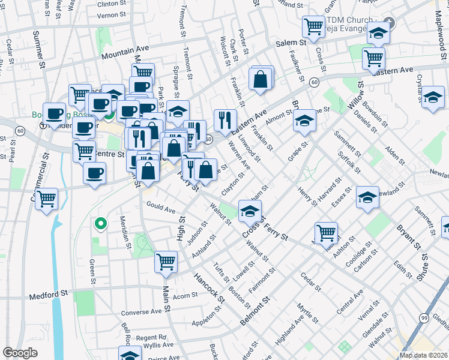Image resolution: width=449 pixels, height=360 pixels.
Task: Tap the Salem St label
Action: tap(291, 43)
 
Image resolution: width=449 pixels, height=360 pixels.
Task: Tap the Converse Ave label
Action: tap(141, 312)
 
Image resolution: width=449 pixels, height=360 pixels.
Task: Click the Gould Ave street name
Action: tap(161, 208)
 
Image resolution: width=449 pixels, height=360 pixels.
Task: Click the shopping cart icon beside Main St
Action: tap(166, 261)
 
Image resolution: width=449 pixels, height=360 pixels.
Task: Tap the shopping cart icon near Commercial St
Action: tap(46, 198)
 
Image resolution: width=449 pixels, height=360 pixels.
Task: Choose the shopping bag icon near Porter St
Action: tap(261, 79)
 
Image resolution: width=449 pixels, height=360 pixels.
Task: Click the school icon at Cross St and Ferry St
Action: tap(250, 211)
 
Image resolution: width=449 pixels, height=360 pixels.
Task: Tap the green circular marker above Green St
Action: tap(101, 224)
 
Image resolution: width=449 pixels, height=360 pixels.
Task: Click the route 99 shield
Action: tap(424, 317)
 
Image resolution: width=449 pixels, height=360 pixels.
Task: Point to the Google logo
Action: tap(21, 353)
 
